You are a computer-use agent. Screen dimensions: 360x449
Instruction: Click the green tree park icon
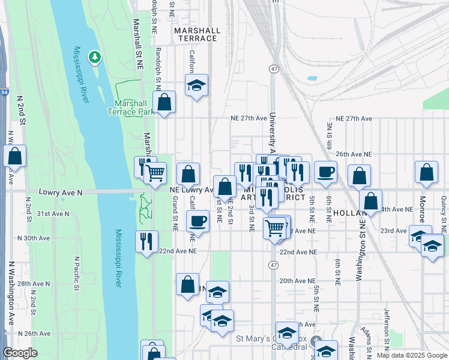click(x=94, y=57)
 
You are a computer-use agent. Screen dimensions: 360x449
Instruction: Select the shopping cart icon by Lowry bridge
click(x=155, y=174)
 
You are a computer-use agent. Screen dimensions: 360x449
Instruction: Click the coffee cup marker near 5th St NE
click(x=325, y=172)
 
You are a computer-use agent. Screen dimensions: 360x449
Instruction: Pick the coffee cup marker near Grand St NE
click(x=197, y=221)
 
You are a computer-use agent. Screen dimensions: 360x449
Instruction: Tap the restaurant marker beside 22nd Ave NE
click(x=146, y=242)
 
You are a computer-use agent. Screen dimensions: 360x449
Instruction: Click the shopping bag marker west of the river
click(x=15, y=157)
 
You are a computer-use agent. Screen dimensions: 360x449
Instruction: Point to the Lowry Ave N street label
click(x=59, y=193)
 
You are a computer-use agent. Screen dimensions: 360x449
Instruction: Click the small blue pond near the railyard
click(x=312, y=78)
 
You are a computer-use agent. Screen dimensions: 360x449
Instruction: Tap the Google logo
click(x=20, y=353)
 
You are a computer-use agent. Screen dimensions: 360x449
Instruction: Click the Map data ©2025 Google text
click(x=411, y=355)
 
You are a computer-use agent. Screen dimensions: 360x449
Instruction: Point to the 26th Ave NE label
click(x=354, y=154)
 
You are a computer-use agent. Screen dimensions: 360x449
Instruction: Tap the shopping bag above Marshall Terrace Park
click(x=164, y=103)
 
